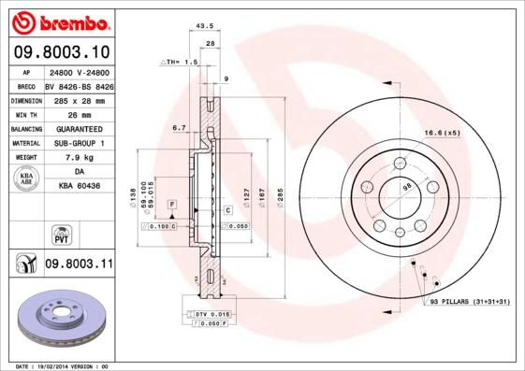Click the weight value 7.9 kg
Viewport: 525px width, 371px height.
pos(78,158)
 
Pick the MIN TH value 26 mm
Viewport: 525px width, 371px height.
pos(78,114)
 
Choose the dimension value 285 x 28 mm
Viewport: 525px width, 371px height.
pos(78,100)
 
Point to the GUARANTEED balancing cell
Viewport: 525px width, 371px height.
pos(78,129)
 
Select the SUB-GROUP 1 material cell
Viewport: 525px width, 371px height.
pos(78,143)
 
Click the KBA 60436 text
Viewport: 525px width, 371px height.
pos(80,187)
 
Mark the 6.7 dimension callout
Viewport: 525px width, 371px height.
pos(180,127)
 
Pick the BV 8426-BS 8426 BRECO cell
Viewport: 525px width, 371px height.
pos(80,85)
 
